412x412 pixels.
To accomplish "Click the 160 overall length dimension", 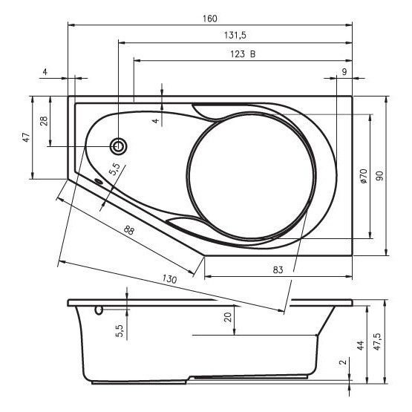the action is click(x=210, y=19).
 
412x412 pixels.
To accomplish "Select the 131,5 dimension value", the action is click(x=235, y=35).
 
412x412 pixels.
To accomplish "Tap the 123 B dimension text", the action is click(x=243, y=54).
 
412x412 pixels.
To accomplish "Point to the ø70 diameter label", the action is click(x=364, y=177).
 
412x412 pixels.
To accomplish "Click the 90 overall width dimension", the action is click(x=379, y=175).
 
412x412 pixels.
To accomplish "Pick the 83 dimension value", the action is click(x=278, y=269).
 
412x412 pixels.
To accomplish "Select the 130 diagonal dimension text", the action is click(x=169, y=278).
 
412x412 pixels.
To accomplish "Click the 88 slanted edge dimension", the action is click(x=128, y=230).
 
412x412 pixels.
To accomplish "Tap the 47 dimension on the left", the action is click(x=26, y=137).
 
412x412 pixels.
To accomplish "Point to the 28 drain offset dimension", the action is click(x=44, y=121).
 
